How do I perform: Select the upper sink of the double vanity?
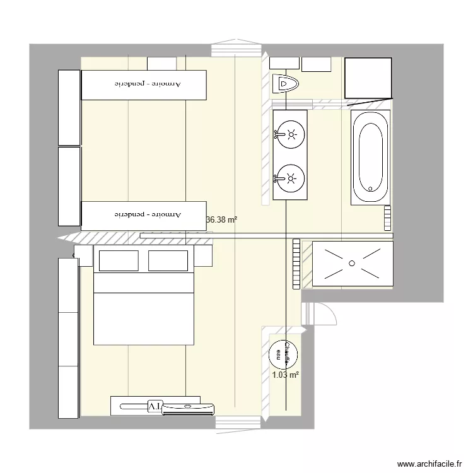click(291, 134)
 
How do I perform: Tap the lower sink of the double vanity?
click(291, 178)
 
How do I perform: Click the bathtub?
click(370, 157)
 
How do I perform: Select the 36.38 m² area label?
click(222, 220)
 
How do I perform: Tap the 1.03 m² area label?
click(285, 375)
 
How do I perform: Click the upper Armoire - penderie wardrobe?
click(144, 85)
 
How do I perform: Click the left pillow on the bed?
click(117, 260)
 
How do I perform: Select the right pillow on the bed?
click(168, 260)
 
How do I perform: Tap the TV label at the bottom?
click(155, 405)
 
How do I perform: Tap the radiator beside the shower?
click(296, 263)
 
